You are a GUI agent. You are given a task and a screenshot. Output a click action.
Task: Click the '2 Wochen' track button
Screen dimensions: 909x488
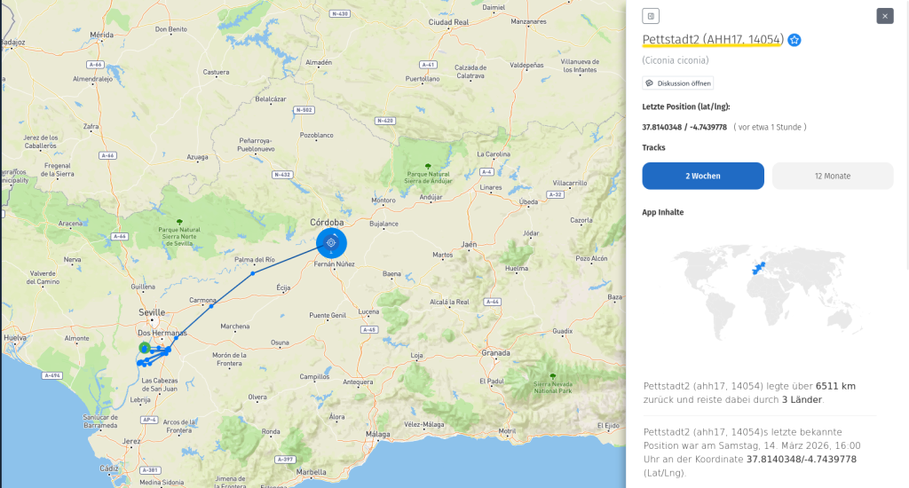[x=703, y=176]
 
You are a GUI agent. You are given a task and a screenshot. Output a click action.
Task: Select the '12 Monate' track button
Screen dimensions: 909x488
[x=833, y=176]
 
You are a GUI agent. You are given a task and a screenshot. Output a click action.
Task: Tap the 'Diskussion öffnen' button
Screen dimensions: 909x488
[x=678, y=83]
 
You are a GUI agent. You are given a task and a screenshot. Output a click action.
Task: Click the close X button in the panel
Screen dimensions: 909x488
[x=884, y=16]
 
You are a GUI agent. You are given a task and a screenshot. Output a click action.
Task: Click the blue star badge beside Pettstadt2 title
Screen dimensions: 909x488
[x=794, y=40]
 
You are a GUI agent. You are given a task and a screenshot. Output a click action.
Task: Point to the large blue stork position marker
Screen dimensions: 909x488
[x=331, y=241]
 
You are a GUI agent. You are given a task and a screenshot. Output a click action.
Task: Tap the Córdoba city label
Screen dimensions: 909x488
[x=327, y=222]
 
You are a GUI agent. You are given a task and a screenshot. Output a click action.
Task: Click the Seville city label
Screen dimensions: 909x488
[x=152, y=313]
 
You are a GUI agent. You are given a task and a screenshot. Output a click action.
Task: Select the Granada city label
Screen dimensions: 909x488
[x=495, y=352]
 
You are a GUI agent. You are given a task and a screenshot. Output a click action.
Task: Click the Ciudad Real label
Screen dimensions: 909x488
[x=448, y=22]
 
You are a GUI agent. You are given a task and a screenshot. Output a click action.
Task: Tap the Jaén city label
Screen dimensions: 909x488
[x=469, y=244]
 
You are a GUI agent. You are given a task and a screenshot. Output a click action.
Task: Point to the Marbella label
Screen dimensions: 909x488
[x=312, y=472]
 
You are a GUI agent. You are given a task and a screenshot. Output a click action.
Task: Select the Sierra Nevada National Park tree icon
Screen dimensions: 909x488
[x=552, y=375]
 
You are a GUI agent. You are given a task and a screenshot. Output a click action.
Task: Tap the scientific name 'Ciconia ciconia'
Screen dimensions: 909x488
[x=676, y=60]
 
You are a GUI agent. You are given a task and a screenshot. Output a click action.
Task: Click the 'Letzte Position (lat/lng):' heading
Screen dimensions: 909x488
[x=686, y=106]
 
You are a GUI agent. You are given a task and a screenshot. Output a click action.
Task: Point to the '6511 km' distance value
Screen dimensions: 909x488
[x=834, y=386]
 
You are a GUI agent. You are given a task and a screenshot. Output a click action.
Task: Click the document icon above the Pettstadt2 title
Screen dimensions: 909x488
[x=651, y=16]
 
